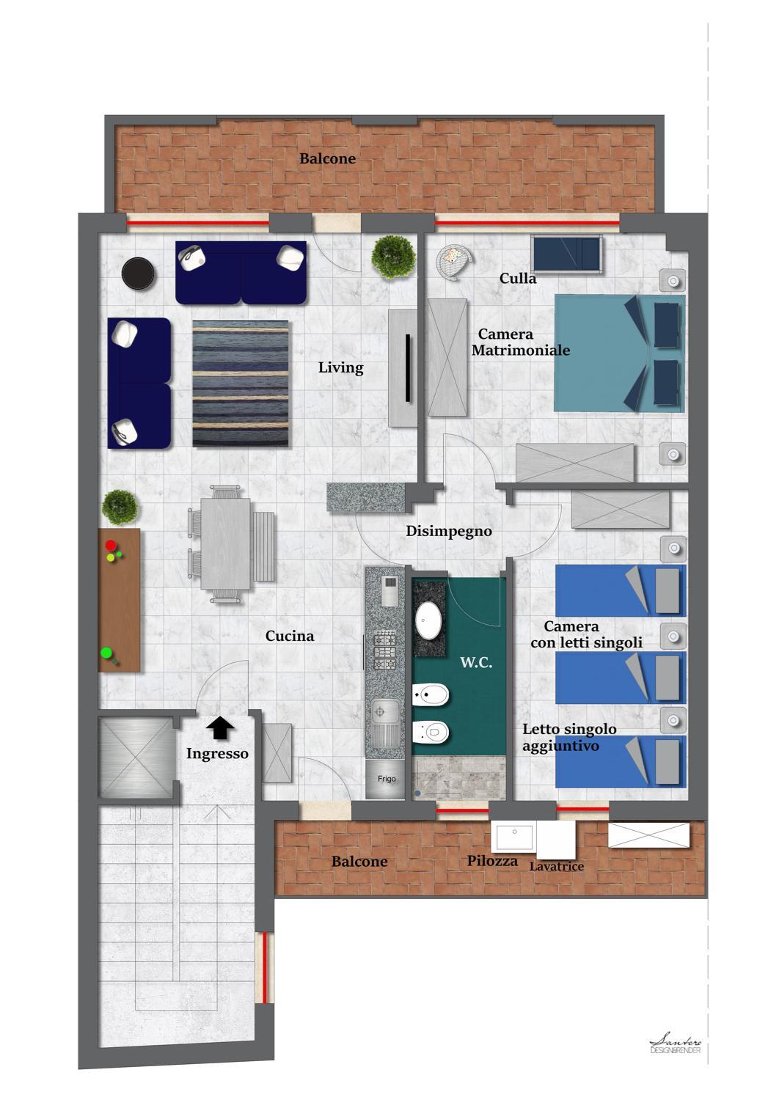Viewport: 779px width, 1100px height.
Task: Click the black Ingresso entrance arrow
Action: click(x=220, y=727)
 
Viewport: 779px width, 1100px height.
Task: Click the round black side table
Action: click(x=138, y=274)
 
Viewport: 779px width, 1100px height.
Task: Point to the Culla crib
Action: click(x=567, y=254)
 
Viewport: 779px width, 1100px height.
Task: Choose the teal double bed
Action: click(x=619, y=353)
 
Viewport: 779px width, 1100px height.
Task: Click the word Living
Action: click(x=340, y=367)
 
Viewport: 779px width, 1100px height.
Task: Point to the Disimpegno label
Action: click(x=449, y=531)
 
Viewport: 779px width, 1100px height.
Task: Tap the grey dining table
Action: click(x=226, y=543)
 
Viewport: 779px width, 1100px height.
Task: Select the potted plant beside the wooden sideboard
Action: click(x=120, y=507)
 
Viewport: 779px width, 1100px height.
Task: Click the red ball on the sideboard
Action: click(x=111, y=546)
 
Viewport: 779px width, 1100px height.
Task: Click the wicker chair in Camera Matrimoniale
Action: click(x=453, y=261)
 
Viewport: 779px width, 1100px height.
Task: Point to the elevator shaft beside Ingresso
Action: click(x=136, y=758)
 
